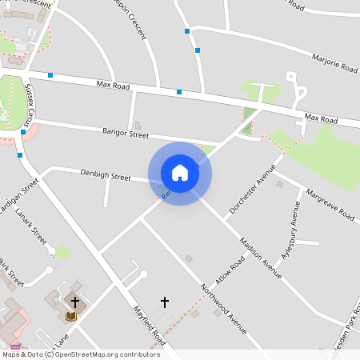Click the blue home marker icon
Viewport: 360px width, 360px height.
(180, 173)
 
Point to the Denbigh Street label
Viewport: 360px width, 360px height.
(105, 175)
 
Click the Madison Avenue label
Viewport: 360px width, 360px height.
(262, 259)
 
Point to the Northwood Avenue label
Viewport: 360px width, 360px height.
(224, 308)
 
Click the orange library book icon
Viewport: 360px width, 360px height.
(70, 316)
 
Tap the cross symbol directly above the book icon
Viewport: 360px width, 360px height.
(75, 302)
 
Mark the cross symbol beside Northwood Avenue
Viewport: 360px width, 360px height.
(165, 302)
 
